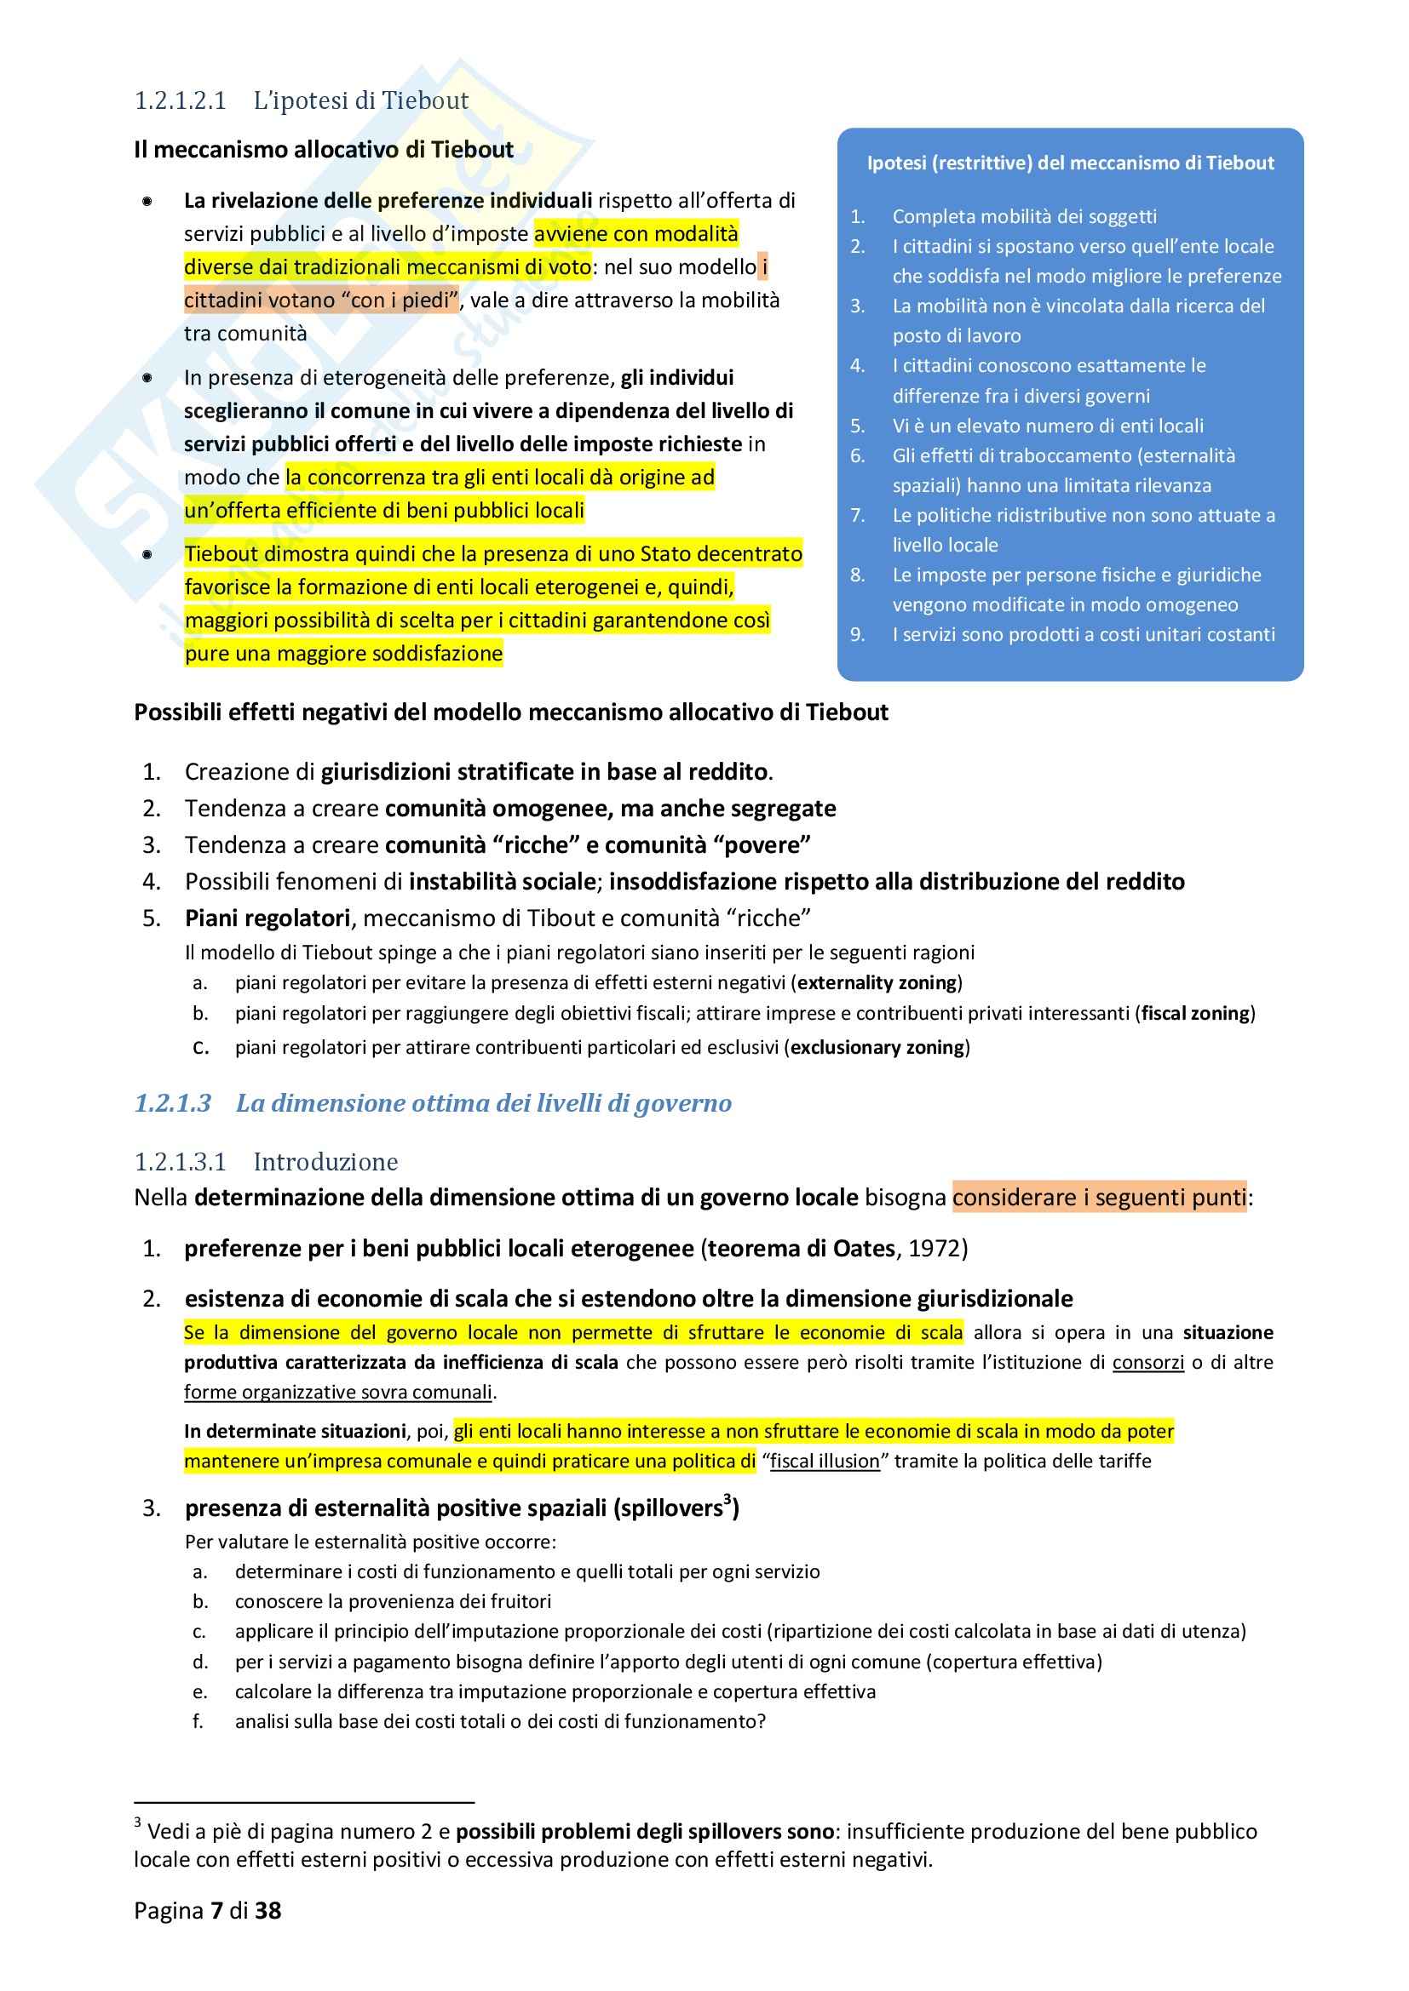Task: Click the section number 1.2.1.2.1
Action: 180,101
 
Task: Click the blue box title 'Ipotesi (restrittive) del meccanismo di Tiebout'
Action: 1070,163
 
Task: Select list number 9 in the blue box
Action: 857,635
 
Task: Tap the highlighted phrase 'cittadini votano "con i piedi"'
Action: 321,300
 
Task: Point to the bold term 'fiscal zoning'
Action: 1194,1013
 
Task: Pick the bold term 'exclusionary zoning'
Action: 877,1048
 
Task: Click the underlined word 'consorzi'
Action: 1147,1362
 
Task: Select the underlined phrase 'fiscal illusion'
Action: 825,1462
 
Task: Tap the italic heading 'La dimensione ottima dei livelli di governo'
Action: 483,1103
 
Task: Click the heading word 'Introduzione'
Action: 325,1162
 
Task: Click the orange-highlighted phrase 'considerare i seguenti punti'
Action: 1098,1198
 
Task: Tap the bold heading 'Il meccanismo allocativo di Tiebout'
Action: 324,150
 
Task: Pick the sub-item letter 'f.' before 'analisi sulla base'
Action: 198,1721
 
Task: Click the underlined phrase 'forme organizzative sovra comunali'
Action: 338,1393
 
